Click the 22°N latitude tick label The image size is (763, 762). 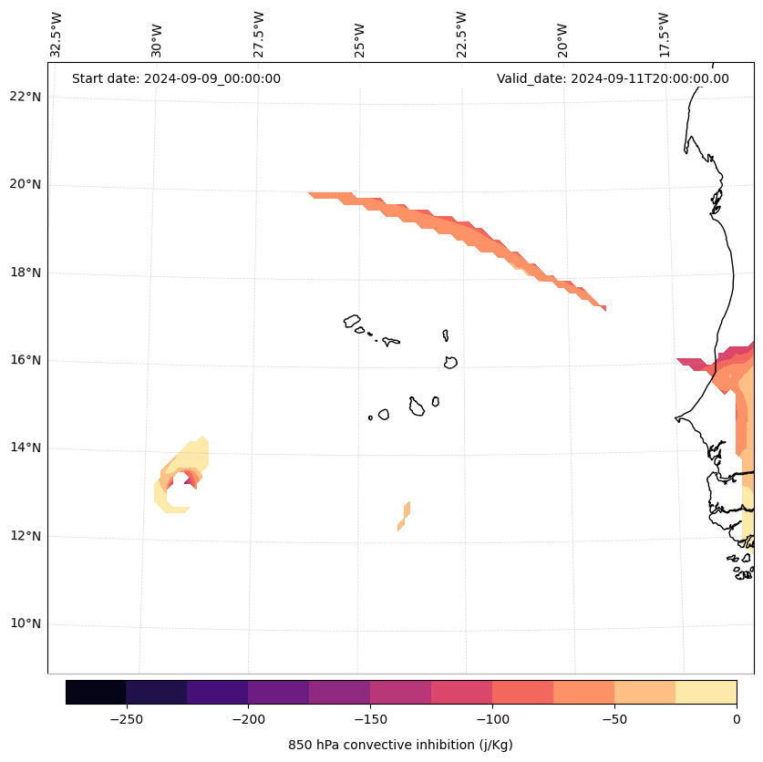(26, 97)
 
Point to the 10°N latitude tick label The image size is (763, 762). (26, 624)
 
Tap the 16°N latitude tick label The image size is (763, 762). (26, 360)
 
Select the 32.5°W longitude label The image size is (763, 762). (57, 35)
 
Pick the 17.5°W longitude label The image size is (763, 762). (663, 35)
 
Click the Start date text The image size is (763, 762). (176, 78)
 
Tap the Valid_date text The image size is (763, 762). (613, 78)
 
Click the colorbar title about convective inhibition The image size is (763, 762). (400, 745)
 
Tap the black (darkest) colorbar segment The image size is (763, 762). (96, 692)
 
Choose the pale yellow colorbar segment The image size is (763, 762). (706, 692)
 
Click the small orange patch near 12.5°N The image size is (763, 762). (404, 516)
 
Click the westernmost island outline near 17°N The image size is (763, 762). (352, 321)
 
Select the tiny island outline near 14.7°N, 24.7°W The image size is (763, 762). (370, 417)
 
